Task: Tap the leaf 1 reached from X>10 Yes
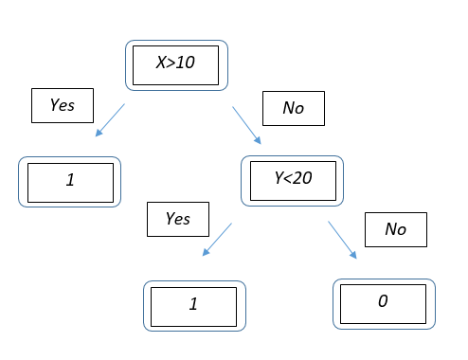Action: tap(70, 181)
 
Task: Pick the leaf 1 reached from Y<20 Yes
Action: tap(192, 304)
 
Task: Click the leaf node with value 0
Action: tap(384, 303)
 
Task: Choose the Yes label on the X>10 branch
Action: tap(63, 106)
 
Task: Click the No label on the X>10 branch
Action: tap(293, 108)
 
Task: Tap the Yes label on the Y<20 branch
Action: tap(177, 219)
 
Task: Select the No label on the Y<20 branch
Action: tap(395, 229)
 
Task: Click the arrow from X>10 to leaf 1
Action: tap(110, 120)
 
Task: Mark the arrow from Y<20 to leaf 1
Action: tap(217, 240)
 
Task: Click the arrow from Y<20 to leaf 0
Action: tap(343, 239)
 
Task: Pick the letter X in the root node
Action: tap(161, 64)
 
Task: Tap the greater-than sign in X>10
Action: tap(171, 64)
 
